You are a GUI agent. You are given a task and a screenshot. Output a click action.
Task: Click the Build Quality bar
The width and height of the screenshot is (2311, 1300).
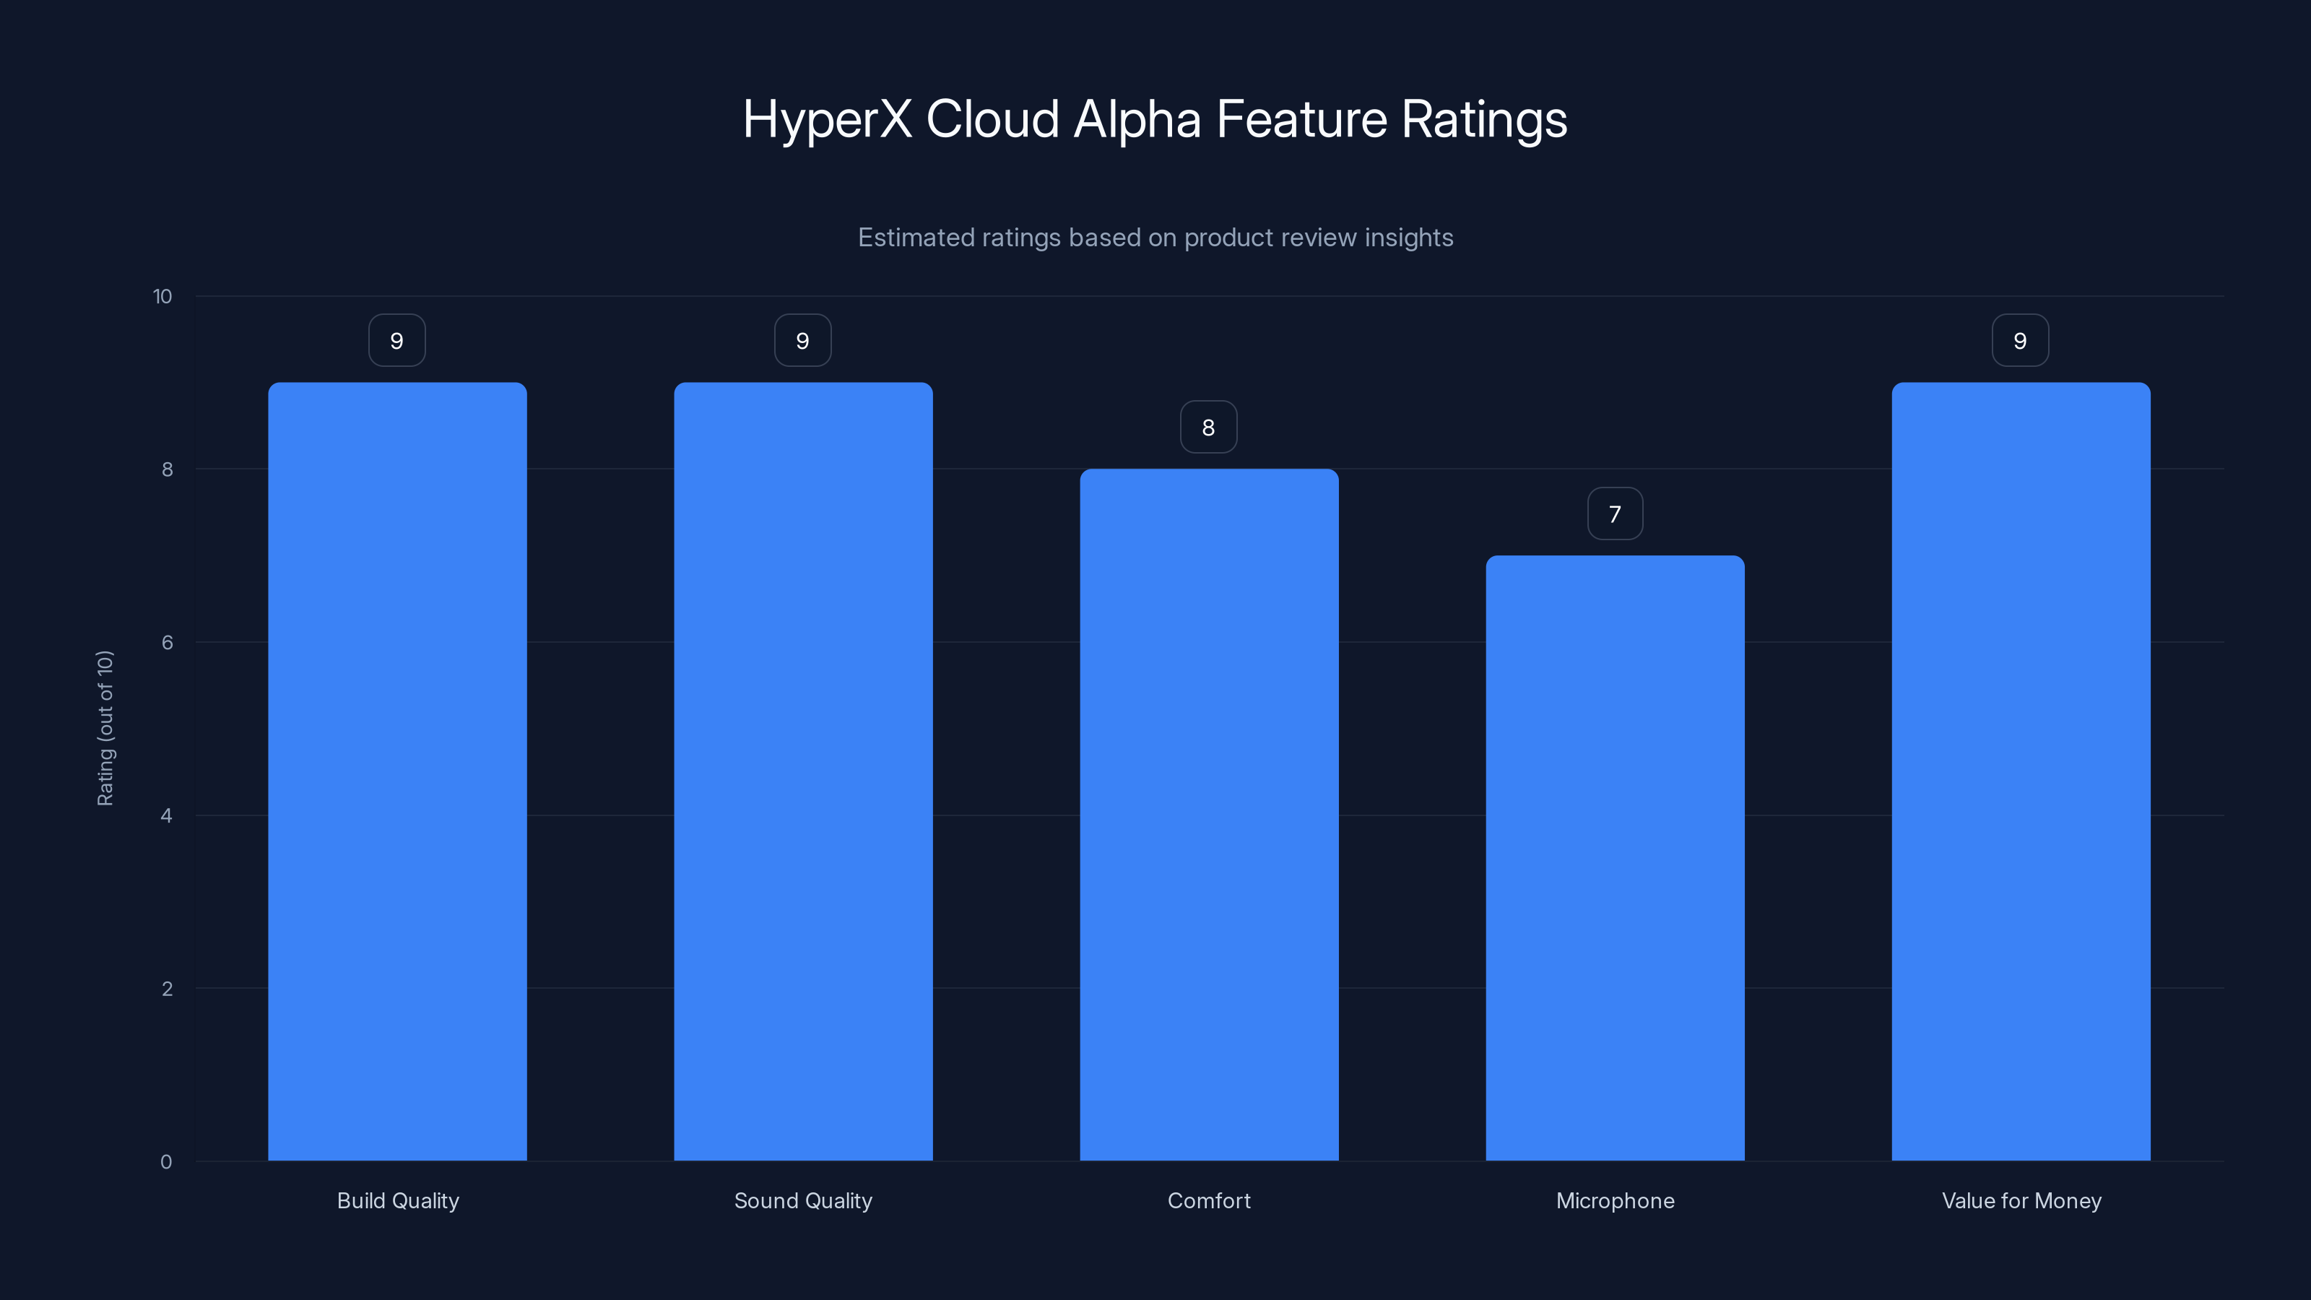click(397, 771)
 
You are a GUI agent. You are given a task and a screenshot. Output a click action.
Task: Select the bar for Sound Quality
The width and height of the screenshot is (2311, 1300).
click(803, 771)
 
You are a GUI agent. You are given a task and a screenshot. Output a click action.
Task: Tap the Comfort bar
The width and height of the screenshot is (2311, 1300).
click(1208, 815)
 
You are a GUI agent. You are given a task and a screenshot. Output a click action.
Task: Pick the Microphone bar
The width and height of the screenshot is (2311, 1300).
click(1615, 858)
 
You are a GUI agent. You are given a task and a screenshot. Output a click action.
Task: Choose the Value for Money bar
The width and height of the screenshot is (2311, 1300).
click(2021, 771)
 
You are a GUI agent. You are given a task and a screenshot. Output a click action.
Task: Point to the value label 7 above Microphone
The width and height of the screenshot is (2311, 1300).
click(1615, 514)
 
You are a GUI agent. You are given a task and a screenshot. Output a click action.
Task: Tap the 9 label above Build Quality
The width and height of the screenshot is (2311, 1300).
click(396, 341)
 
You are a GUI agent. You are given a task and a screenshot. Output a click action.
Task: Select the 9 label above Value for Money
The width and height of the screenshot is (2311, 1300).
click(2021, 341)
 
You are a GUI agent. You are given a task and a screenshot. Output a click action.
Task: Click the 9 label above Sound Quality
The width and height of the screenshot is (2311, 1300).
click(803, 341)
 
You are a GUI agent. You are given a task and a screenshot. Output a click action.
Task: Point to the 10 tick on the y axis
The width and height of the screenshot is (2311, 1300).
click(162, 296)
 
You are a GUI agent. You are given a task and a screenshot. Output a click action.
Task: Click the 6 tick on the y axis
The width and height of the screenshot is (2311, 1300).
click(167, 642)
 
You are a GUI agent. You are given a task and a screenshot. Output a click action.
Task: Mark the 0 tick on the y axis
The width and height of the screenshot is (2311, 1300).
click(166, 1162)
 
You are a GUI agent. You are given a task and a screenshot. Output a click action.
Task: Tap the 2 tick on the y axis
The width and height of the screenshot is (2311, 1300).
click(167, 989)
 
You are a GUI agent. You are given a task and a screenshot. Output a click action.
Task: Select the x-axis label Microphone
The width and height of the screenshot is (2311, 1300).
click(1615, 1200)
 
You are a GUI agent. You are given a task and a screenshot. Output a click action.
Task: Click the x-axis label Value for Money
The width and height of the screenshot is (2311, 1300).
click(2021, 1200)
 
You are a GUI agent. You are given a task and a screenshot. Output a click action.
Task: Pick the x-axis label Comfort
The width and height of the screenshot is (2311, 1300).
click(1208, 1200)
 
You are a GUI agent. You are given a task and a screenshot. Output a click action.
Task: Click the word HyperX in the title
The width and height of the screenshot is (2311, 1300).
click(826, 120)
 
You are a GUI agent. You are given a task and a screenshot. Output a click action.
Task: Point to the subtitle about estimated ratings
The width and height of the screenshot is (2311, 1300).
click(1155, 238)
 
